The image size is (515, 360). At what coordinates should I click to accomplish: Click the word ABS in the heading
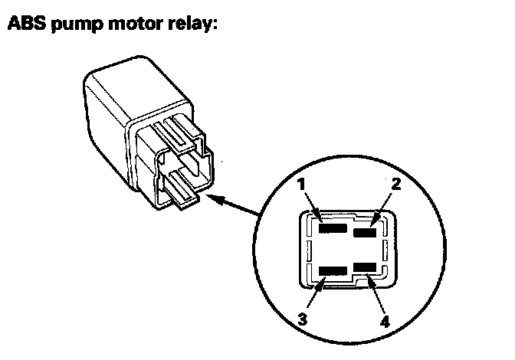[x=27, y=23]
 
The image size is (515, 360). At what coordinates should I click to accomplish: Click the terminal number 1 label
[x=301, y=184]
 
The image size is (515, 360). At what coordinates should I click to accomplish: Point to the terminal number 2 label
[x=396, y=184]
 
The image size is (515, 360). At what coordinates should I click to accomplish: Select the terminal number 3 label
[x=303, y=319]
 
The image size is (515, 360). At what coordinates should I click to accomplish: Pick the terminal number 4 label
[x=385, y=321]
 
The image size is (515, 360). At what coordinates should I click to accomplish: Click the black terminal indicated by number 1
[x=333, y=228]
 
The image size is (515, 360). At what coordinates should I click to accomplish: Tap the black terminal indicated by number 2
[x=365, y=232]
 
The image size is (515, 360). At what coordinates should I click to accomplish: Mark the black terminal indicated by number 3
[x=333, y=270]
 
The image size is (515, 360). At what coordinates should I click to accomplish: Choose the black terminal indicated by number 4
[x=365, y=267]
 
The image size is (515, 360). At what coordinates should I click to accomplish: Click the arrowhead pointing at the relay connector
[x=215, y=199]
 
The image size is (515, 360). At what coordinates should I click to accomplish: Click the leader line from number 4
[x=376, y=294]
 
